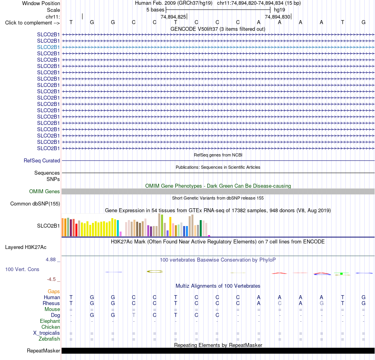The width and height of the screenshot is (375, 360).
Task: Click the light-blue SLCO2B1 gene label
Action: pyautogui.click(x=48, y=47)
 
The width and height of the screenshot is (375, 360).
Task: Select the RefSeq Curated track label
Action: pyautogui.click(x=41, y=160)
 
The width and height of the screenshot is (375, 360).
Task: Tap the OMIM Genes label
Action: pyautogui.click(x=44, y=192)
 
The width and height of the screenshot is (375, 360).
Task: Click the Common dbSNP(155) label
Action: pyautogui.click(x=35, y=204)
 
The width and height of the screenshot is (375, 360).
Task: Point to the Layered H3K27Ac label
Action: pyautogui.click(x=26, y=247)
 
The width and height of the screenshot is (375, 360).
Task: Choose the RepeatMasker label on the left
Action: pyautogui.click(x=43, y=351)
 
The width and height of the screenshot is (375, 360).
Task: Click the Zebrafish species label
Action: pyautogui.click(x=49, y=339)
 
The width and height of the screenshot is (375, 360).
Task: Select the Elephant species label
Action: pyautogui.click(x=50, y=321)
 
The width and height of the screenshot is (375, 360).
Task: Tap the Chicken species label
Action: pyautogui.click(x=51, y=327)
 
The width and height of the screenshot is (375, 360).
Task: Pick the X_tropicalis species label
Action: pyautogui.click(x=47, y=333)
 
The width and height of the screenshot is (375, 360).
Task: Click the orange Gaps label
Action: pyautogui.click(x=54, y=291)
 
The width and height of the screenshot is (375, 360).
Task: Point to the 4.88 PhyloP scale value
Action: pyautogui.click(x=51, y=260)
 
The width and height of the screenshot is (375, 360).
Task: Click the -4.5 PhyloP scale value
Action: pyautogui.click(x=51, y=279)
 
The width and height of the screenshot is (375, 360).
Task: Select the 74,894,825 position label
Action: pyautogui.click(x=173, y=17)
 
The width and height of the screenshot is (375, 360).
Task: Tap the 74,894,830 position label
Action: pyautogui.click(x=277, y=17)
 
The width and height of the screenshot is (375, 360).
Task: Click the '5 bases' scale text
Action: pyautogui.click(x=156, y=10)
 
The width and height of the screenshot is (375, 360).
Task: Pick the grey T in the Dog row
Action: pyautogui.click(x=134, y=315)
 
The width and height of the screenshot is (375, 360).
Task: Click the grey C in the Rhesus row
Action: pyautogui.click(x=279, y=303)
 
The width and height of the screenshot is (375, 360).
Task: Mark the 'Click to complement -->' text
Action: pyautogui.click(x=32, y=23)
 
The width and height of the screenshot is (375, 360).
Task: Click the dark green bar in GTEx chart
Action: pyautogui.click(x=201, y=228)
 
